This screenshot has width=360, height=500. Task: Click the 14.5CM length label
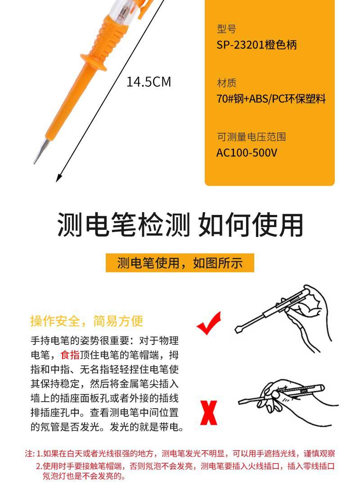point(148,82)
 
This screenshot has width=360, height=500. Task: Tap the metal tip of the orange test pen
point(41,151)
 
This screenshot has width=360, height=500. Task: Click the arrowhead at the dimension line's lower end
point(58,178)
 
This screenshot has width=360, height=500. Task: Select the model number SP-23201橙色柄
point(256,45)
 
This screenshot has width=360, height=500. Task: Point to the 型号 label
point(227,29)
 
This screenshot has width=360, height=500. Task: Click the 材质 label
point(227,83)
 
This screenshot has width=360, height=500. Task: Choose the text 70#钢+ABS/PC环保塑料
point(271,99)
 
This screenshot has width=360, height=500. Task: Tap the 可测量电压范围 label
point(252,137)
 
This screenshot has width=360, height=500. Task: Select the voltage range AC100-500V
point(247,153)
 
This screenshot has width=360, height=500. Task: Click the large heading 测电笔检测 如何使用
point(180,225)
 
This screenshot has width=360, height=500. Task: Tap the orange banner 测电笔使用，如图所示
point(180,263)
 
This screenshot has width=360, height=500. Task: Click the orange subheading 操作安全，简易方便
point(86,321)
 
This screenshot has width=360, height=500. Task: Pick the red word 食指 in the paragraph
point(70,355)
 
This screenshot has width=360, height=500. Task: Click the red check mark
point(209,323)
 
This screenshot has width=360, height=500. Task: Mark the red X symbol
point(209,413)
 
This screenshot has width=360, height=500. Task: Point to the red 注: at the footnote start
point(30,453)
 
